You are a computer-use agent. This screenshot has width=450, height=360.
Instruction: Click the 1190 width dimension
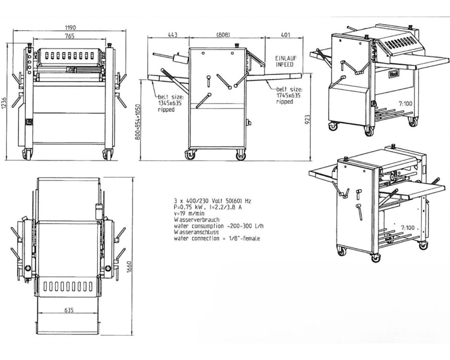tap(70, 27)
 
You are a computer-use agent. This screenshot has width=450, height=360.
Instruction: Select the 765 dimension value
tap(70, 36)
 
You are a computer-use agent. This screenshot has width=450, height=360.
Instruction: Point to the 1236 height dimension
tap(3, 103)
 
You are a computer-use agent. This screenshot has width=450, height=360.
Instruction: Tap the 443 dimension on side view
tap(172, 35)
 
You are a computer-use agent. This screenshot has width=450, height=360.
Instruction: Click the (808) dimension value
tap(223, 35)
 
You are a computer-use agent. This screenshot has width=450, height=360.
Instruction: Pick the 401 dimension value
tap(285, 35)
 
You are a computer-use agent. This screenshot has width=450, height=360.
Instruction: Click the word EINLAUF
tap(286, 58)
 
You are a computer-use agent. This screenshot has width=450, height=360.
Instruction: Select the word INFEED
tap(284, 64)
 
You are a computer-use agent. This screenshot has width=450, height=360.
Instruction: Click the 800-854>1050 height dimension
tap(138, 122)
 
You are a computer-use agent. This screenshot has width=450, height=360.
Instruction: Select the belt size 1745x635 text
tap(288, 96)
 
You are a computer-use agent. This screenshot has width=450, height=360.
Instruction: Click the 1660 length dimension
tap(130, 267)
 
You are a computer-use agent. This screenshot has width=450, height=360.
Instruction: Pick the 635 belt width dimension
tap(69, 310)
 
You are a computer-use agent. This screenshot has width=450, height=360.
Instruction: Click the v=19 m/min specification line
tap(189, 213)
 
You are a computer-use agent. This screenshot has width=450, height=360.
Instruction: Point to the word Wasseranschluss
tap(196, 232)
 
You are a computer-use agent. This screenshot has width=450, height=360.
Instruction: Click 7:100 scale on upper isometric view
tap(405, 103)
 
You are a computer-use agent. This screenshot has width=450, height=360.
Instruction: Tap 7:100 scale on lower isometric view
tap(408, 228)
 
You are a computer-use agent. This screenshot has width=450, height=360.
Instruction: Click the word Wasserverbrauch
tap(196, 220)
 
